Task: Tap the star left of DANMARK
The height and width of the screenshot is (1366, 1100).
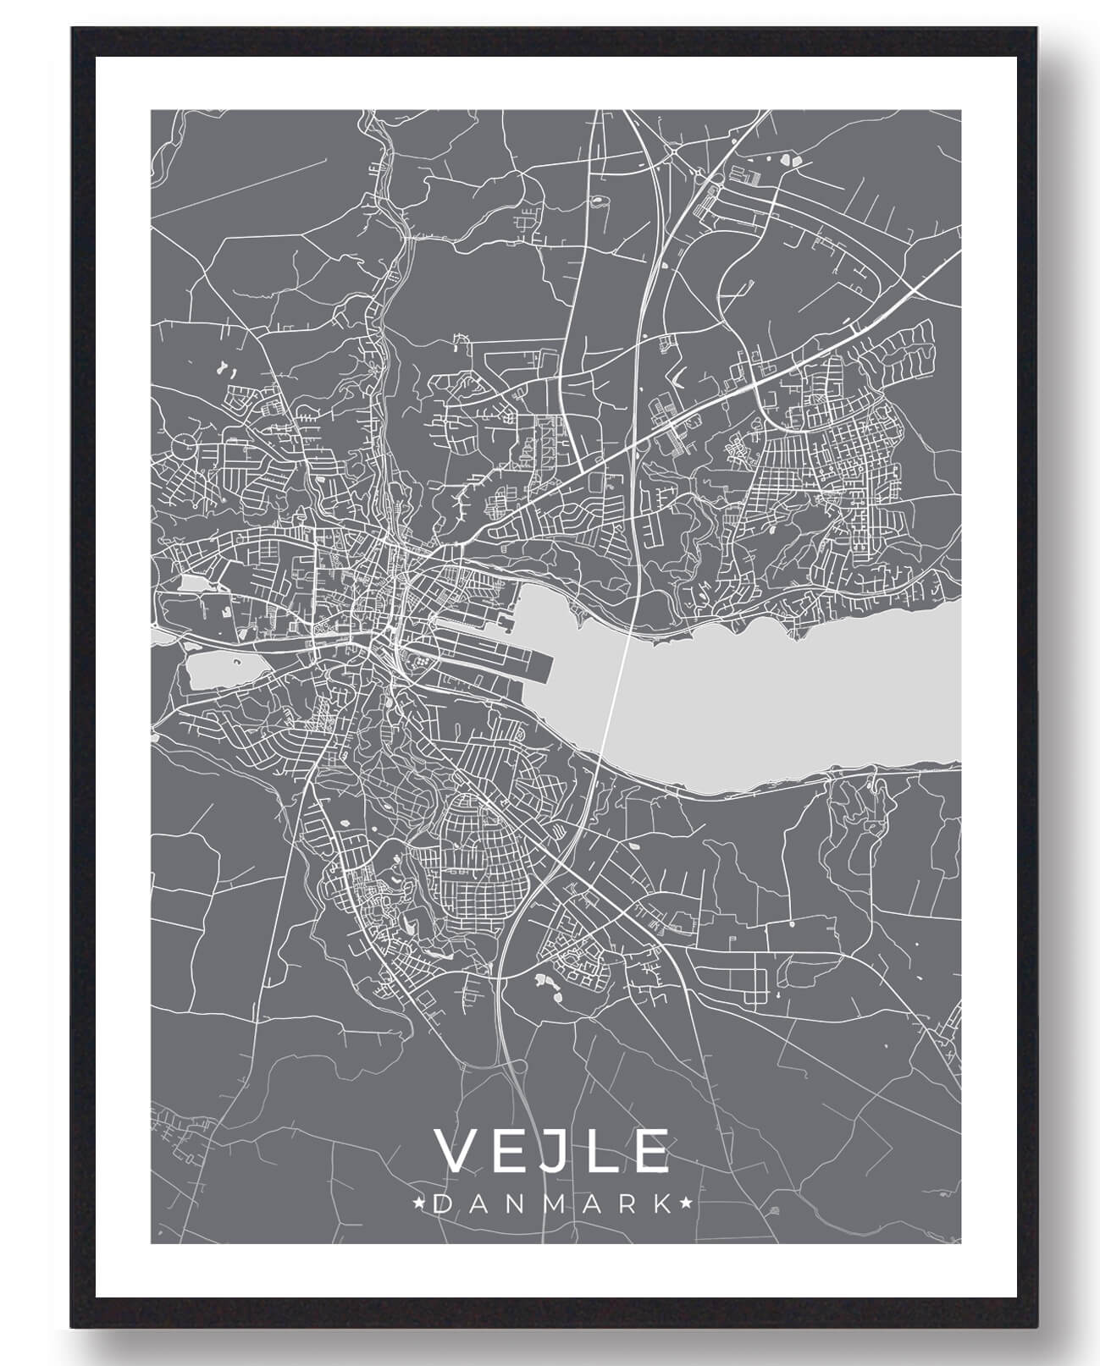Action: point(418,1203)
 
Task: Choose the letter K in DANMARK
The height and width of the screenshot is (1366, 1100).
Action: point(666,1203)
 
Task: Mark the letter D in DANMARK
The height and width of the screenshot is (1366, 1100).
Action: point(440,1203)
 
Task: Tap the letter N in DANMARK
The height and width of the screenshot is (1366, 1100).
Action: point(513,1203)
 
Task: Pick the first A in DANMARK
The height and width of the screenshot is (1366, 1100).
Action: point(477,1203)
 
